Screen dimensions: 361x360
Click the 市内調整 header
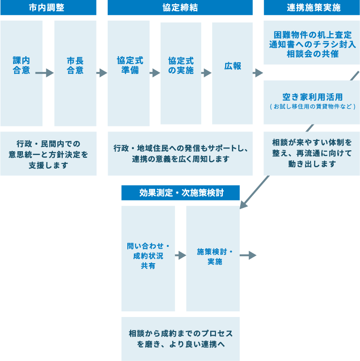(x=48, y=8)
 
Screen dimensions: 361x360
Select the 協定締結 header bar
(x=180, y=8)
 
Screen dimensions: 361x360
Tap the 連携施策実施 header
(x=312, y=8)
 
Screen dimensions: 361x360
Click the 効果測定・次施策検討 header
(x=180, y=192)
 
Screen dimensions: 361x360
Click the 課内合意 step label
(x=22, y=66)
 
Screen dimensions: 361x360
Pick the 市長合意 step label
(x=75, y=66)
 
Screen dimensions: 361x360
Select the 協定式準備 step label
(x=130, y=66)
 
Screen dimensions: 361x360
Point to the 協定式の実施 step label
(x=181, y=66)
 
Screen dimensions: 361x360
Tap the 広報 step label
(x=232, y=66)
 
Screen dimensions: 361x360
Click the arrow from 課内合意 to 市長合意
(x=44, y=73)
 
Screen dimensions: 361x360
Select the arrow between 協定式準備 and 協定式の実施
(x=155, y=73)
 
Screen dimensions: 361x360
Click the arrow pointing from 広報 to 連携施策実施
(x=257, y=73)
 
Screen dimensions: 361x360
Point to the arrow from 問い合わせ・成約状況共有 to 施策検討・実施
(x=181, y=255)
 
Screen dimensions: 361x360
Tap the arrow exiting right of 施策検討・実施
(x=249, y=255)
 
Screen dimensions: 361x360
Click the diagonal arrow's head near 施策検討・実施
(x=244, y=205)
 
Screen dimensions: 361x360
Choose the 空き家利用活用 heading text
(x=312, y=97)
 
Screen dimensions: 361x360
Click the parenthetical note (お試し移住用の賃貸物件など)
(x=312, y=107)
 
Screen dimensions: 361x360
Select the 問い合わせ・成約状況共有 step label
(x=148, y=256)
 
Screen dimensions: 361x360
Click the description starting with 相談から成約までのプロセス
(x=180, y=339)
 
